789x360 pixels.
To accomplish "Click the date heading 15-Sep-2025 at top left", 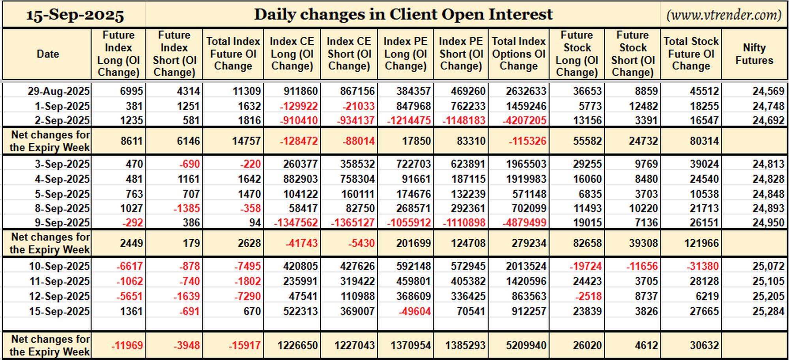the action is (x=75, y=15).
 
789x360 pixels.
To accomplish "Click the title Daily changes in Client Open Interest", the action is (x=403, y=14).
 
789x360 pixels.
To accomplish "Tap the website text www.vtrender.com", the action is (x=724, y=15).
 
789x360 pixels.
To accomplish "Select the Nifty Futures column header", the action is (x=754, y=54).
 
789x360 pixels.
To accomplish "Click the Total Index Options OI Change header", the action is (x=519, y=54).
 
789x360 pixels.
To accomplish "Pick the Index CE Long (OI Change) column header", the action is (x=292, y=54).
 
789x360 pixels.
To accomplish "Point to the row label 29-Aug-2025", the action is (x=59, y=91).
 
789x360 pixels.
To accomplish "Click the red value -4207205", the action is (x=524, y=120).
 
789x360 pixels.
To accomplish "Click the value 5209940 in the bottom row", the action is (x=526, y=345).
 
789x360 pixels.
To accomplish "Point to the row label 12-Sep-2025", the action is (x=60, y=296).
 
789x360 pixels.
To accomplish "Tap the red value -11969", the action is (x=127, y=345).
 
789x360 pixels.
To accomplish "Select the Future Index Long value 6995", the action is (x=131, y=91).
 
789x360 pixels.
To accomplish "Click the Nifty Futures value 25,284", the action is (x=768, y=311).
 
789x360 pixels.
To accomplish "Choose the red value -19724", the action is (x=585, y=266).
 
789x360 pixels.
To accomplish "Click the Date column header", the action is (x=48, y=54).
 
